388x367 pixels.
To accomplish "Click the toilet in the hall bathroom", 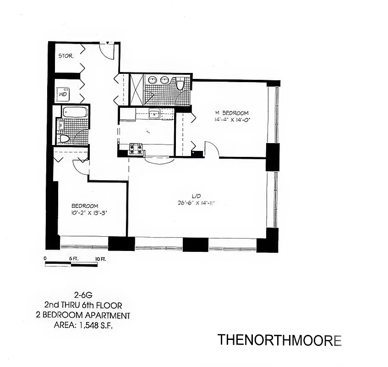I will tap(64, 138).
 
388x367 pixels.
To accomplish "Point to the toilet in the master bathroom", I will tap(180, 84).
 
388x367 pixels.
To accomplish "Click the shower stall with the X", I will tap(137, 89).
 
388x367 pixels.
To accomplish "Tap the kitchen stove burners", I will tap(136, 148).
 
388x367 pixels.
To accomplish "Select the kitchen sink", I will tap(154, 114).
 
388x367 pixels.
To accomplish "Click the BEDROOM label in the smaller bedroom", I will tap(85, 206).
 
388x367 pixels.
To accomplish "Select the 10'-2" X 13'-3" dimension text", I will tap(89, 212).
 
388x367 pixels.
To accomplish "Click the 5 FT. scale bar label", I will tap(74, 259).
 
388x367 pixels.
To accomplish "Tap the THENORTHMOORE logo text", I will tap(279, 340).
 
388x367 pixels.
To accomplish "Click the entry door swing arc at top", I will tap(107, 51).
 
